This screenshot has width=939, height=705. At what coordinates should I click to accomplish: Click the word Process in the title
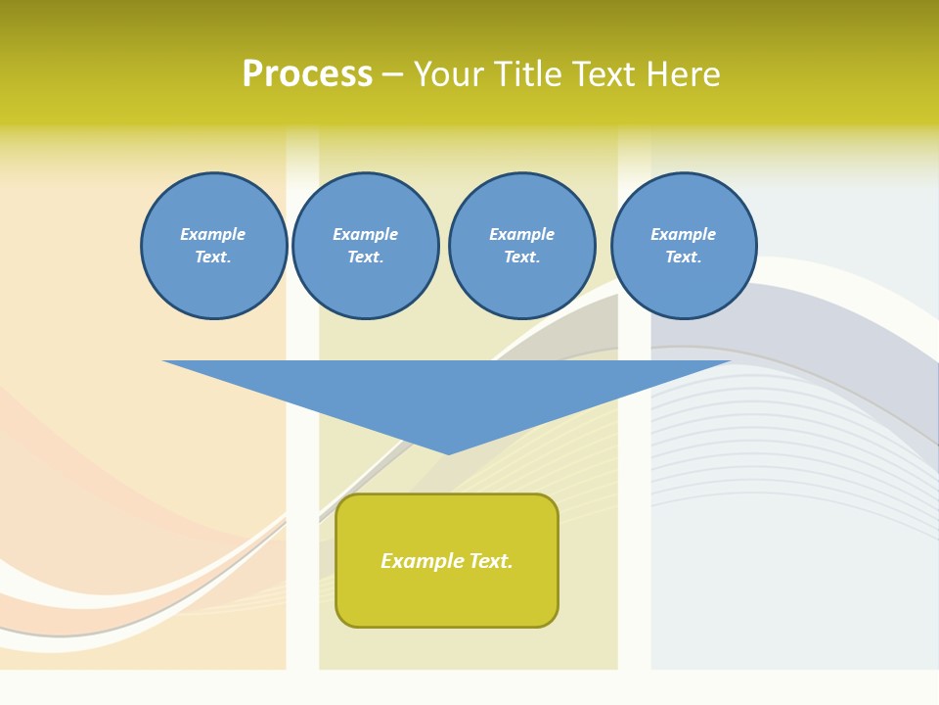pyautogui.click(x=307, y=74)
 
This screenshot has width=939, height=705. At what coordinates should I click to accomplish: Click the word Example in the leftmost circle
pyautogui.click(x=213, y=234)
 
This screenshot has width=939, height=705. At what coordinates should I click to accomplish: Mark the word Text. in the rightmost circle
pyautogui.click(x=683, y=257)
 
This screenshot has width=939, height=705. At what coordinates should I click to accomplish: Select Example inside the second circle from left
pyautogui.click(x=365, y=234)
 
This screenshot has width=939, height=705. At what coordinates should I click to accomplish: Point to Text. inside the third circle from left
pyautogui.click(x=521, y=257)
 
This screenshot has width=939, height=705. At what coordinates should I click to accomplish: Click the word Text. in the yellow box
pyautogui.click(x=490, y=561)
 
